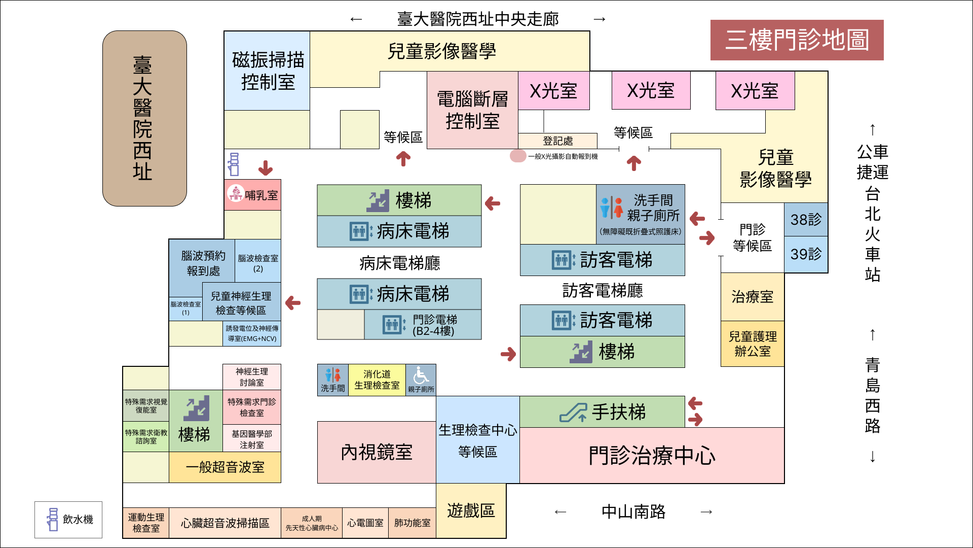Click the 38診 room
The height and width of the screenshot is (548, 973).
point(806,220)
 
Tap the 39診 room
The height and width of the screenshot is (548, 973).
point(806,254)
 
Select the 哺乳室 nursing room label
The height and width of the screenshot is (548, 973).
point(253,195)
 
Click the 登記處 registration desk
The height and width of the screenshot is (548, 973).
point(557,141)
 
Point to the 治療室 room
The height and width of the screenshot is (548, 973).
point(752,297)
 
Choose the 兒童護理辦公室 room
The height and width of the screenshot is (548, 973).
point(752,344)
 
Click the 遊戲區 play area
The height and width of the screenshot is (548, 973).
point(471,510)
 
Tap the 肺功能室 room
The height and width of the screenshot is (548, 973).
point(412,523)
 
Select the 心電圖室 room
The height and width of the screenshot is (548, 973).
point(365,523)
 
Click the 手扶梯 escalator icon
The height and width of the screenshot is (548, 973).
point(573,412)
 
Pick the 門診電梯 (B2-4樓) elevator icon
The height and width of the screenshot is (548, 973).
point(393,325)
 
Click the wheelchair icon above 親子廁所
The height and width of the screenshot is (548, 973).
point(421,376)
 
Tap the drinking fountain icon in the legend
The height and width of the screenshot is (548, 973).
point(52,520)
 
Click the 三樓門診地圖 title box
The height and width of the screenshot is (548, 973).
point(797,40)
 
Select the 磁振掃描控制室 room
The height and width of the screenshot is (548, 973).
point(267,71)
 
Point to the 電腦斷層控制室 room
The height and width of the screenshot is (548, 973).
point(472,110)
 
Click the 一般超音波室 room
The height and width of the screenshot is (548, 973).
point(225,467)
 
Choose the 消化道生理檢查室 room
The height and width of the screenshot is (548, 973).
point(377,380)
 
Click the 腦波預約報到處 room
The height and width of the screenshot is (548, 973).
point(202,263)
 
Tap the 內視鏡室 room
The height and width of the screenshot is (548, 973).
point(376,452)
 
